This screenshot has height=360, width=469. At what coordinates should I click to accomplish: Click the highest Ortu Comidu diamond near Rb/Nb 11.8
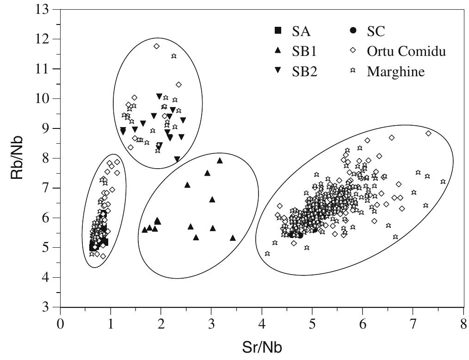click(x=157, y=46)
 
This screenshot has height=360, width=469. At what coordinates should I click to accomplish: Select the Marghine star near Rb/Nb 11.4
click(x=174, y=56)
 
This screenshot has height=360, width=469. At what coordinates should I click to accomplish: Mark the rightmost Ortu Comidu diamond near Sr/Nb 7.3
click(x=428, y=134)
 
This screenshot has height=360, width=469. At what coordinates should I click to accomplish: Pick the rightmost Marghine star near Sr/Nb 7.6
click(x=443, y=182)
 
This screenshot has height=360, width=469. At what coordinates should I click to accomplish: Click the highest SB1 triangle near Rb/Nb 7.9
click(x=220, y=160)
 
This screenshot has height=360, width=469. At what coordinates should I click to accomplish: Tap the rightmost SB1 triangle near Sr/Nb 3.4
click(x=233, y=238)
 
